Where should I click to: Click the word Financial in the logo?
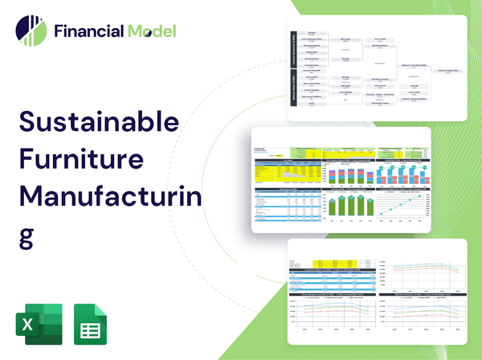pos(89,32)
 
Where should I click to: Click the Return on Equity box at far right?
pos(446,71)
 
